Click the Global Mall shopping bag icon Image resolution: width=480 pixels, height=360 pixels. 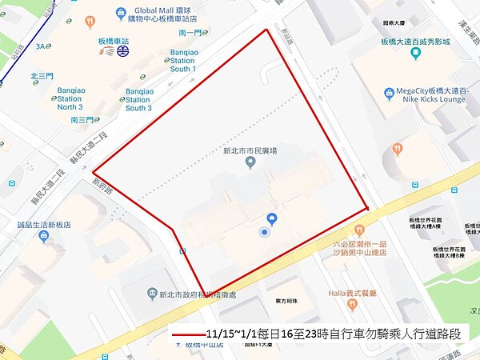click(90, 22)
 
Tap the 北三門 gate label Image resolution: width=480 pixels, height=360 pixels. click(41, 77)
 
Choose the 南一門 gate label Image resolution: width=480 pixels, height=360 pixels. click(189, 33)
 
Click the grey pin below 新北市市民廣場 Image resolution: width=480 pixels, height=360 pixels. click(250, 163)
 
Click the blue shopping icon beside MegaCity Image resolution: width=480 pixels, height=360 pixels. click(390, 94)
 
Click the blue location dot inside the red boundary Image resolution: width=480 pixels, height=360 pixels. click(265, 232)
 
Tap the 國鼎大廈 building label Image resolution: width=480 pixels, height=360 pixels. click(395, 24)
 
